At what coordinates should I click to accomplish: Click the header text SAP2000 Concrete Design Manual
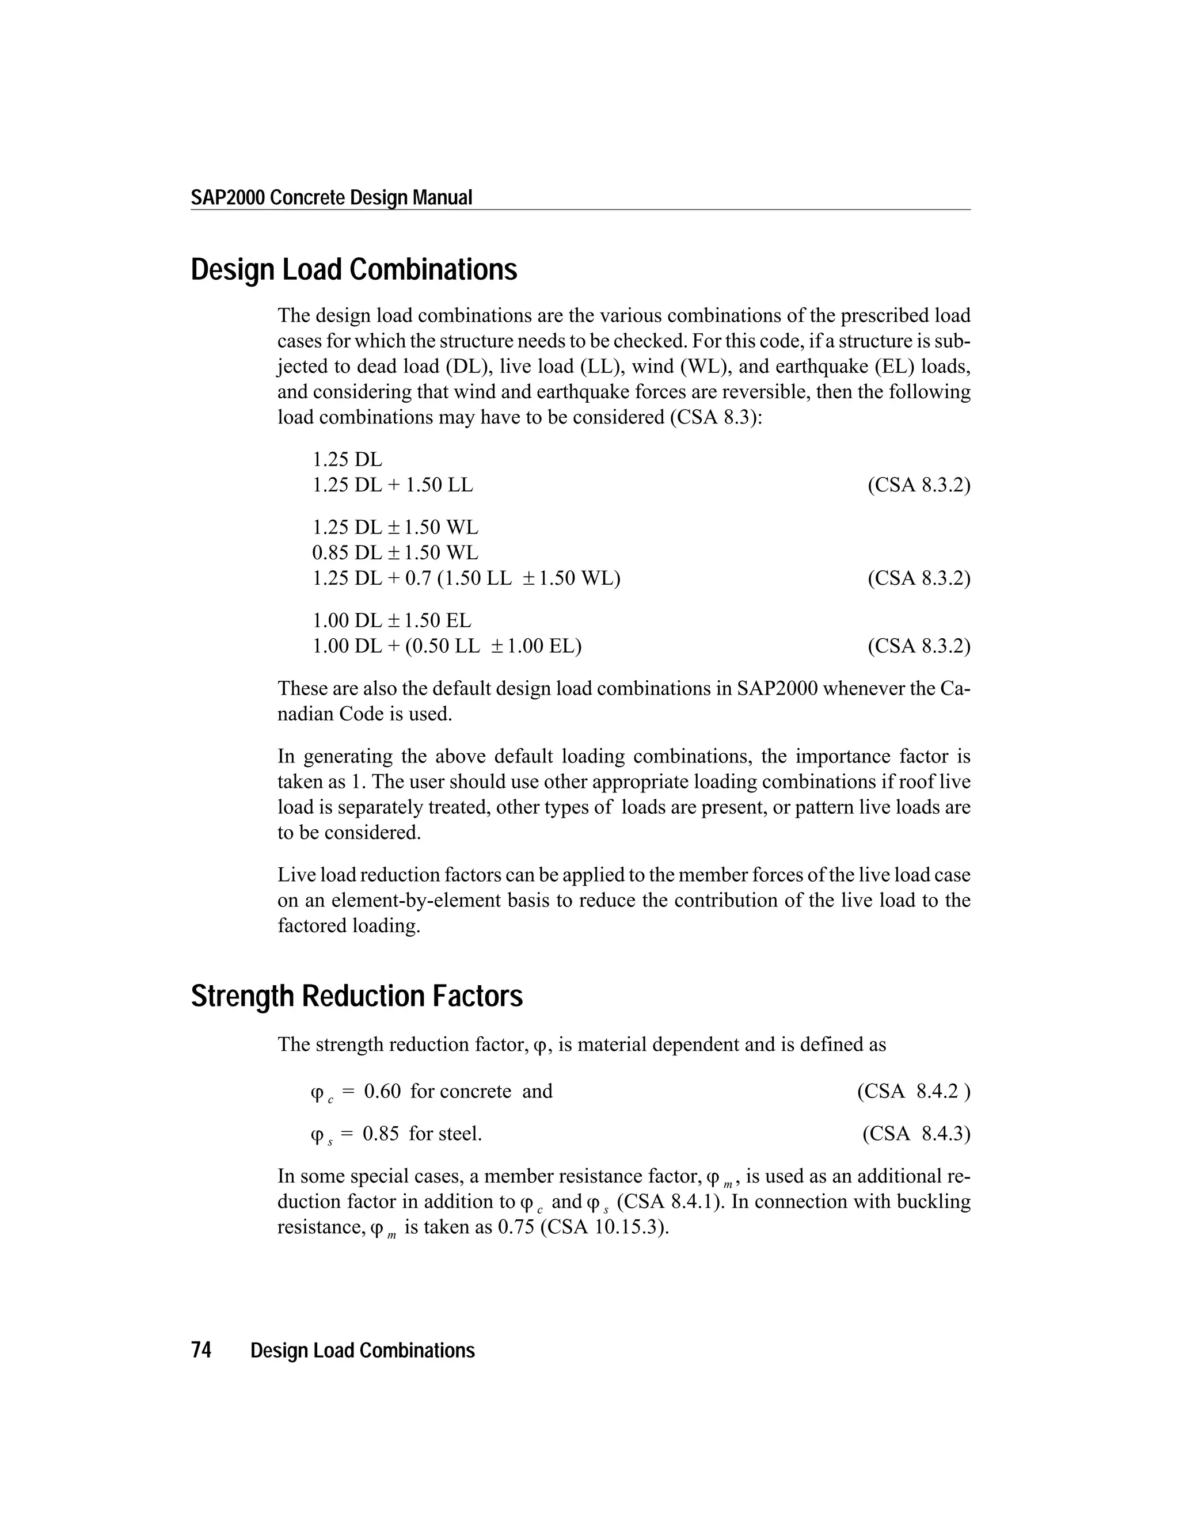click(331, 197)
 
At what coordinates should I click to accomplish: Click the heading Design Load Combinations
click(353, 269)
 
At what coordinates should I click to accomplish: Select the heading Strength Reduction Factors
click(356, 996)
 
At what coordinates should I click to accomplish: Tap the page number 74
click(201, 1351)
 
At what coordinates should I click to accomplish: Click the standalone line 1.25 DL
click(347, 459)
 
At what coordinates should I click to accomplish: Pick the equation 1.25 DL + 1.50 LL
click(392, 485)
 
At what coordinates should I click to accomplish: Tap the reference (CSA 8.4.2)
click(913, 1091)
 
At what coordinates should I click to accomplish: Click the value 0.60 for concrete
click(382, 1091)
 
